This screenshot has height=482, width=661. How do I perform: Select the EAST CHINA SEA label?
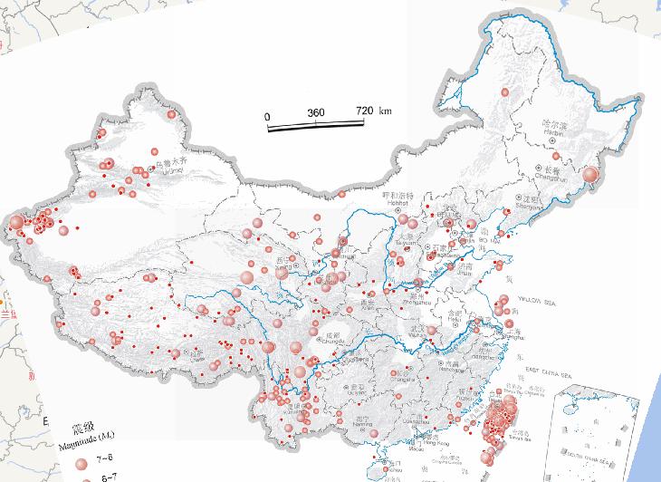pyautogui.click(x=546, y=374)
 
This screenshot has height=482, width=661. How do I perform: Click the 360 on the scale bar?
pyautogui.click(x=316, y=112)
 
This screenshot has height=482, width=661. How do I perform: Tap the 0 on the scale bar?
pyautogui.click(x=268, y=116)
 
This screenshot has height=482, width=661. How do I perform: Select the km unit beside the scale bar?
pyautogui.click(x=386, y=111)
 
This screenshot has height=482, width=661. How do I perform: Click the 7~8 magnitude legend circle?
pyautogui.click(x=81, y=462)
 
